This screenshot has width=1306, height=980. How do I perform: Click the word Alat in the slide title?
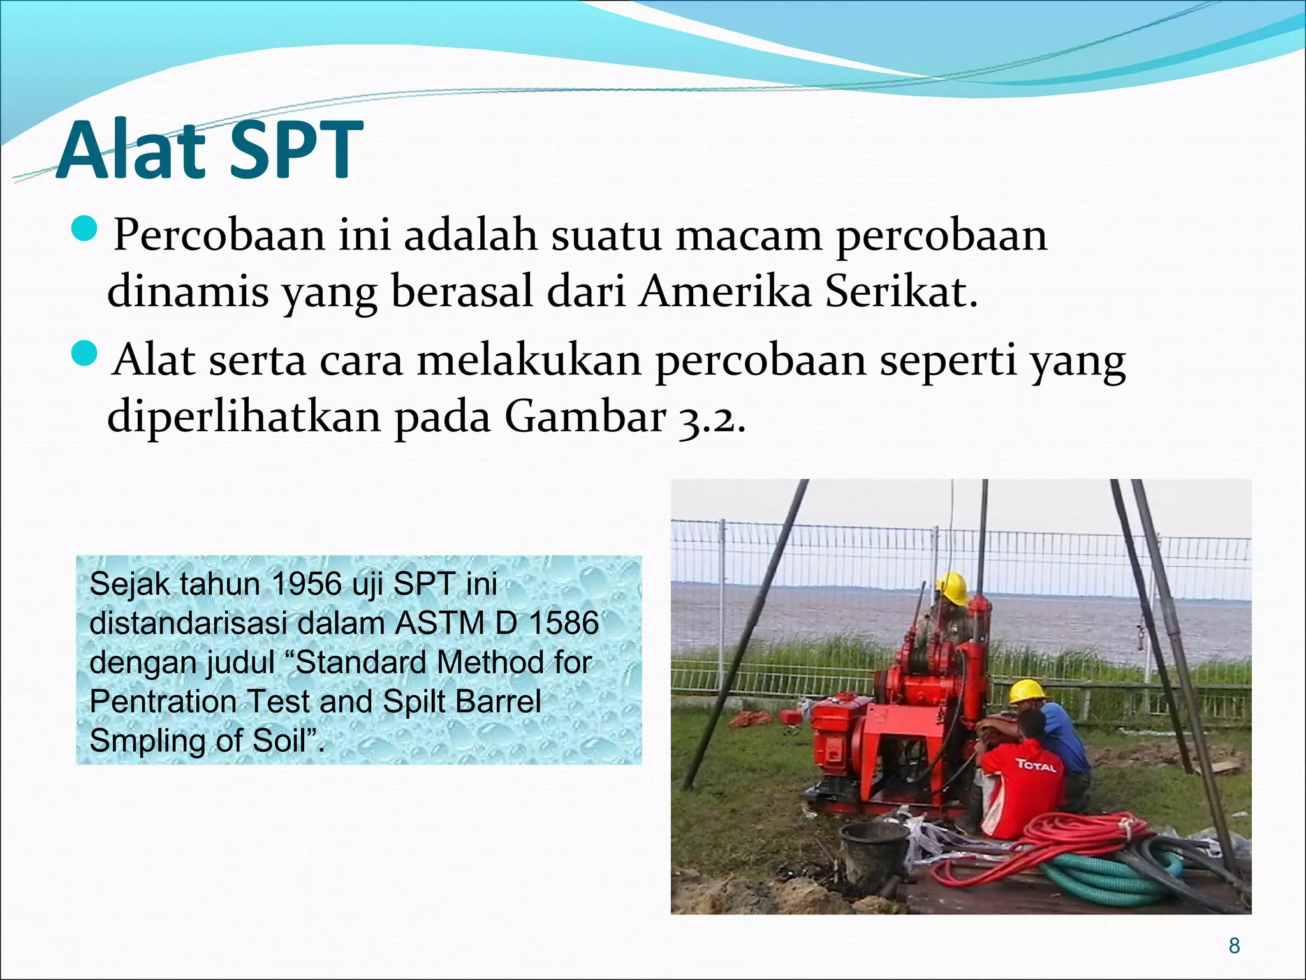click(x=131, y=151)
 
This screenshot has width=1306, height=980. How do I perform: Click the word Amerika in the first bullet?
click(x=726, y=292)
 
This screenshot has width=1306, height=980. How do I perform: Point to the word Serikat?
click(x=900, y=292)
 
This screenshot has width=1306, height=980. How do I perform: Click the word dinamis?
click(x=187, y=292)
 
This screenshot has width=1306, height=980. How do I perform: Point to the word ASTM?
click(x=439, y=623)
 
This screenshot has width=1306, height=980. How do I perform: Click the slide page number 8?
click(x=1234, y=946)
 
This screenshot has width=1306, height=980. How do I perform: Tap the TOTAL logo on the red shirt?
click(x=1036, y=764)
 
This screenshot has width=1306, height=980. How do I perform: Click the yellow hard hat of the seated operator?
click(x=951, y=588)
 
